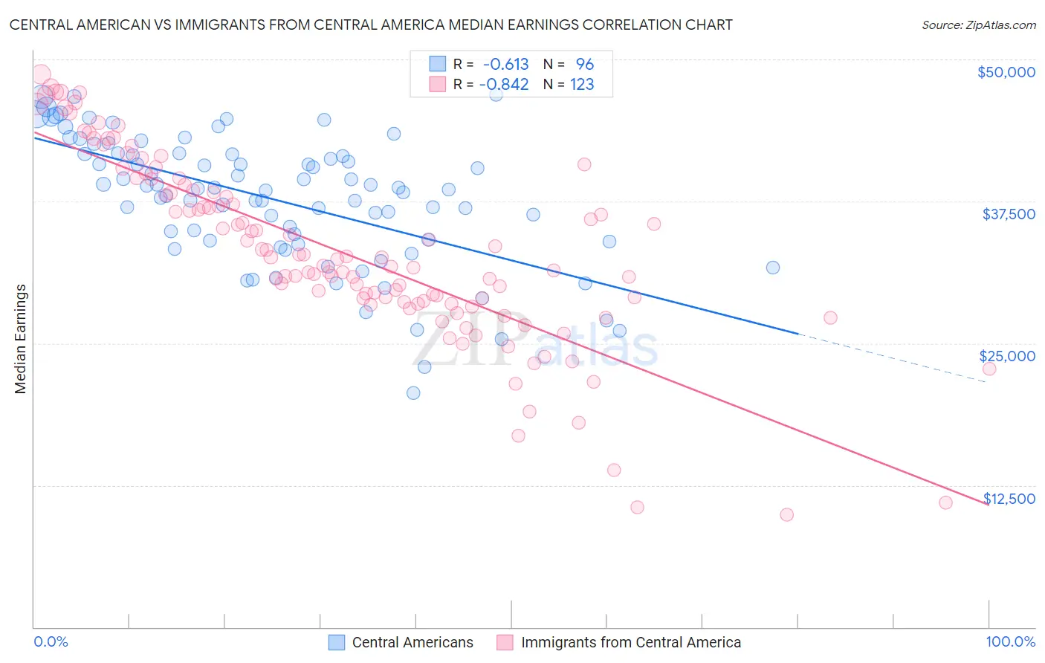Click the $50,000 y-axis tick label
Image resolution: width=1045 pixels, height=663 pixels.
1006,72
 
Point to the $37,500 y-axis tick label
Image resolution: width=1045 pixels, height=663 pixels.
1009,214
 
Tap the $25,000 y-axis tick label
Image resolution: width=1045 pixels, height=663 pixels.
1007,356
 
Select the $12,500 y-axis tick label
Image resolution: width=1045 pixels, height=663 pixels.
1009,499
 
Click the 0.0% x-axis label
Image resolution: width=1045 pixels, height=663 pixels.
51,641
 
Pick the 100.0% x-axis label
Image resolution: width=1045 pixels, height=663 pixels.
1010,641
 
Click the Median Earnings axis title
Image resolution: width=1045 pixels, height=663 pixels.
21,339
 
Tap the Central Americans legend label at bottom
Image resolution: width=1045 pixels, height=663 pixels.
412,643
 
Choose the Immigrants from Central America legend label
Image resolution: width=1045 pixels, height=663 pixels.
631,643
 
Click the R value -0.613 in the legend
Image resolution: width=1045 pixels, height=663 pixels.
505,65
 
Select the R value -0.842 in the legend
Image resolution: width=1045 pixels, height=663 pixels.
504,85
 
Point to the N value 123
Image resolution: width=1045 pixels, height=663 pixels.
582,85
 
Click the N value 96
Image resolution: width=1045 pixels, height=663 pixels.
585,65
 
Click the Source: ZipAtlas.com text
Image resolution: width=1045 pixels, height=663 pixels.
978,25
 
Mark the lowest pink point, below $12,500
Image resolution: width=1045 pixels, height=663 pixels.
786,514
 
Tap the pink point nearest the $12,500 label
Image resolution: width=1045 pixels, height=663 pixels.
945,502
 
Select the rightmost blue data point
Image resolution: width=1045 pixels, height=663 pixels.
773,268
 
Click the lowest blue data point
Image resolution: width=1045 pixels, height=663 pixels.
413,392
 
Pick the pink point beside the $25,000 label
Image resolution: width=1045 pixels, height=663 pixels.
989,369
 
